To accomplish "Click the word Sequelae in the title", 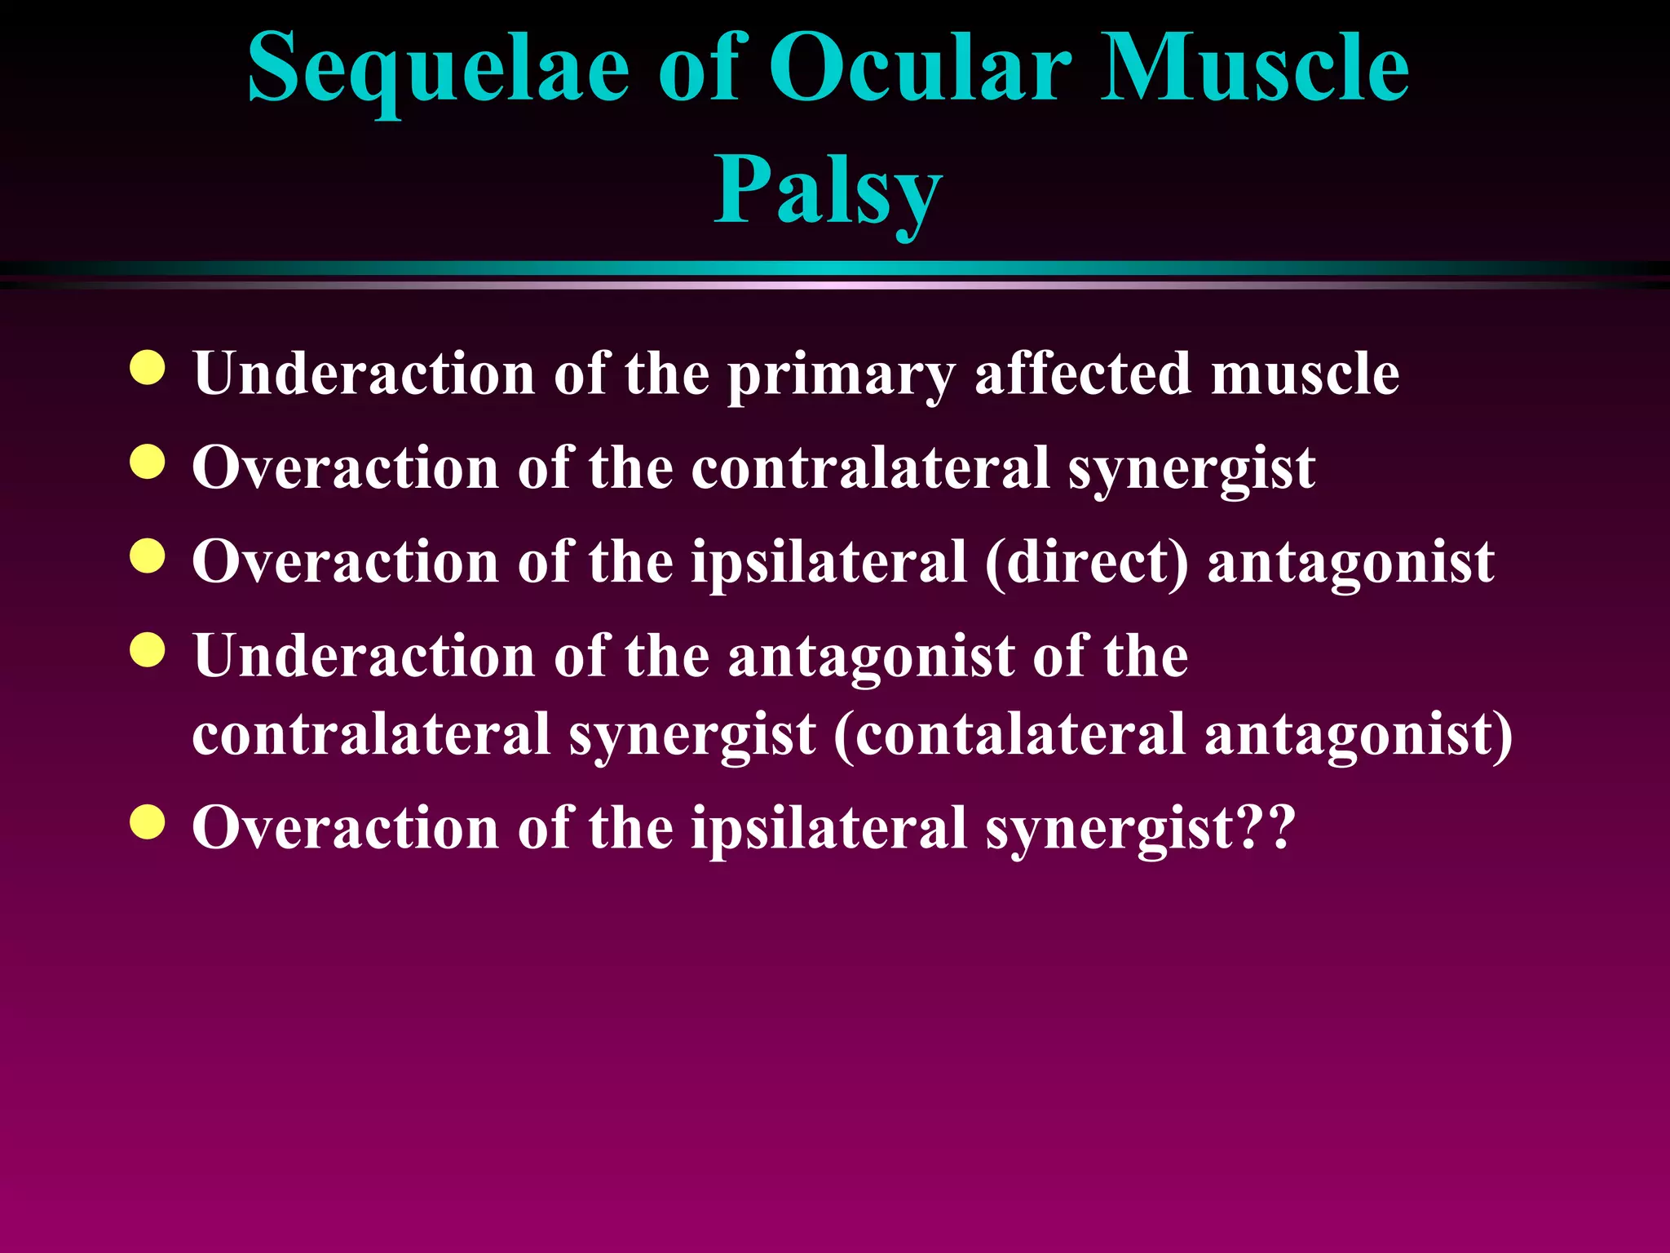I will pos(438,69).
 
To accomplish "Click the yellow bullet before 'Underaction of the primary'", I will pos(148,368).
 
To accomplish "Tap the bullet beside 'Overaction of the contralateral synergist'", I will pos(148,462).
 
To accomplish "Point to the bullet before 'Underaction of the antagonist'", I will pos(148,650).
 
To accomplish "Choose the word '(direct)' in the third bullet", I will pos(1086,563).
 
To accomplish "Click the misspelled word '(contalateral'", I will pos(1009,734).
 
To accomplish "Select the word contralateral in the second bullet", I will pos(870,468).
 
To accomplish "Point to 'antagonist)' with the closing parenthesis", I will pos(1358,734).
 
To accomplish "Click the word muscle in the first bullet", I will pos(1305,374).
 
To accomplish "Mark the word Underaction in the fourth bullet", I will pos(364,656).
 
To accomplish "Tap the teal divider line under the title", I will pos(835,268).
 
